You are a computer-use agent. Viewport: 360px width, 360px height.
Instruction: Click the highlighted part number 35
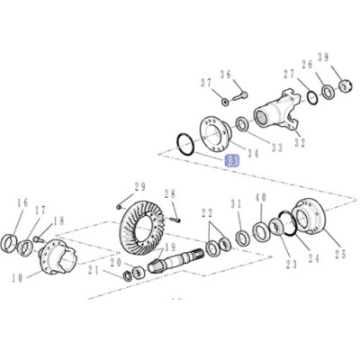pos(231,159)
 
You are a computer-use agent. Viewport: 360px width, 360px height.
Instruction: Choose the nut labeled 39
pos(342,86)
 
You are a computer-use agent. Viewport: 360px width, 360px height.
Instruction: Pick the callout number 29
pos(139,186)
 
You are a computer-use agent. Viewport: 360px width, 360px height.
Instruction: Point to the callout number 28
pos(169,193)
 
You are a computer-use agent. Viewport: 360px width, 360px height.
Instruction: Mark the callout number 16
pos(22,204)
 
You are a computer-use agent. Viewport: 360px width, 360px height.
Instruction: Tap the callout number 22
pos(208,213)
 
